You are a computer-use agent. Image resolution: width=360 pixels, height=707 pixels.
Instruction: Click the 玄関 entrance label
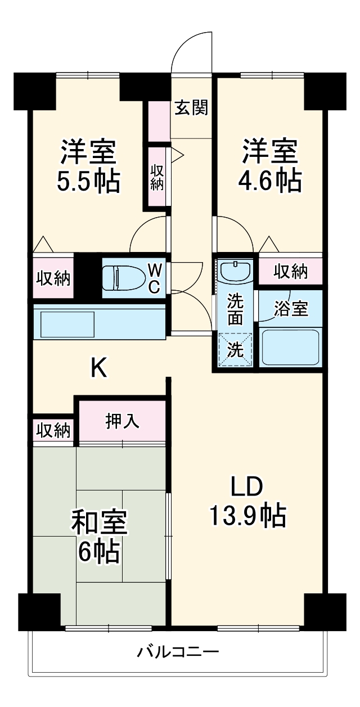click(191, 107)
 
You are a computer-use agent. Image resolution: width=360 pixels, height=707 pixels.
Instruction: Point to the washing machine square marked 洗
click(235, 350)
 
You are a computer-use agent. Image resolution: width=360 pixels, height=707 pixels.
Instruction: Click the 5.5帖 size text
click(89, 182)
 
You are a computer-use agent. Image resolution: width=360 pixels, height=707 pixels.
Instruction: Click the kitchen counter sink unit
click(99, 322)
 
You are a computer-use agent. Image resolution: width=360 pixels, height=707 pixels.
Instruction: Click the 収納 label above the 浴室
click(291, 272)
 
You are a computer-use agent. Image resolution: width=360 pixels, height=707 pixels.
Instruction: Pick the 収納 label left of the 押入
click(53, 431)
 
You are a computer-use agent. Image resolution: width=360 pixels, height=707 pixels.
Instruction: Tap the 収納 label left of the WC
click(53, 277)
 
